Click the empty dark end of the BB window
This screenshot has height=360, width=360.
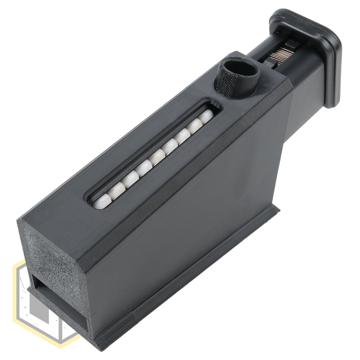pos(214,105)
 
